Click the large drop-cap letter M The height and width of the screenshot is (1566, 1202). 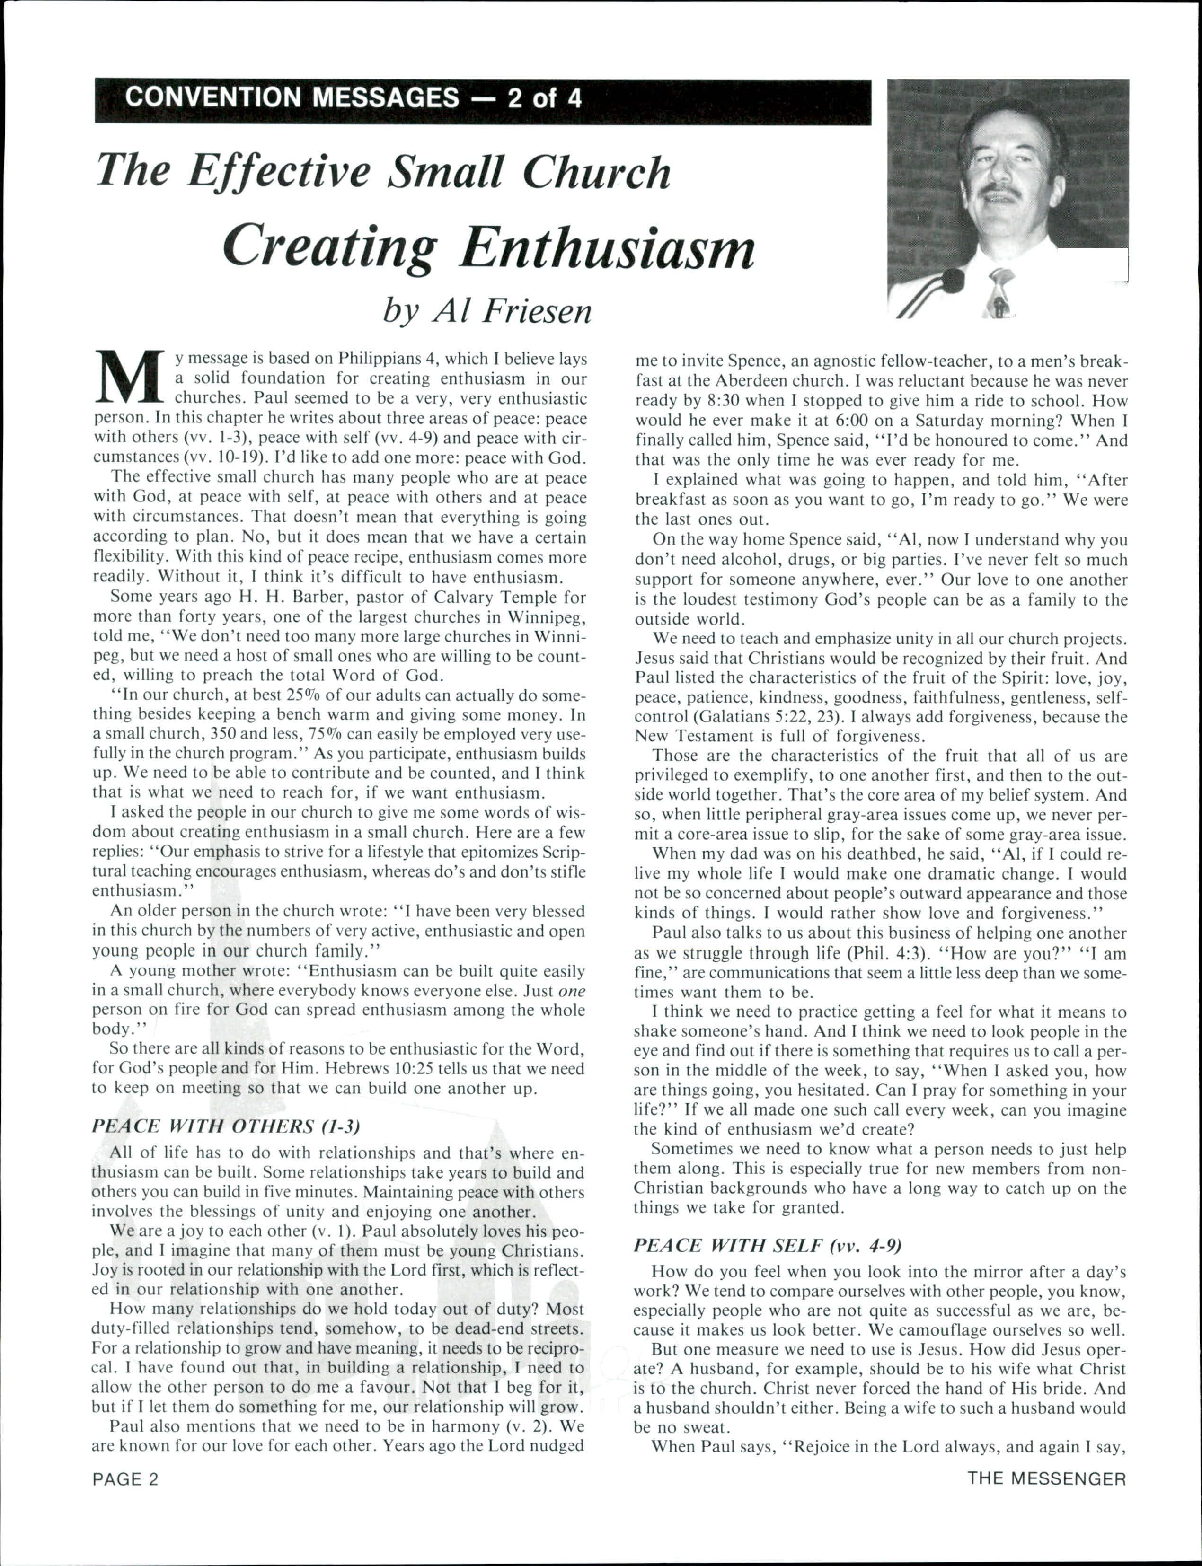point(130,377)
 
